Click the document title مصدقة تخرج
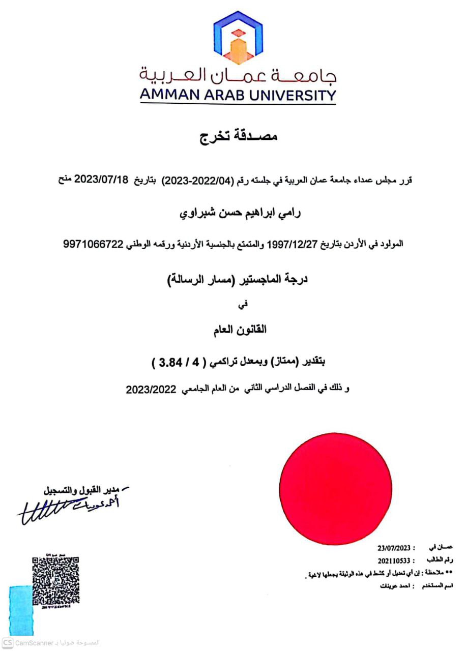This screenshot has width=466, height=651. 238,136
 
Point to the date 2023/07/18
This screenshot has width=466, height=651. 103,180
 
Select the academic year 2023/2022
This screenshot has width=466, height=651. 151,390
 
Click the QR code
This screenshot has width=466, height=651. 55,581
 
